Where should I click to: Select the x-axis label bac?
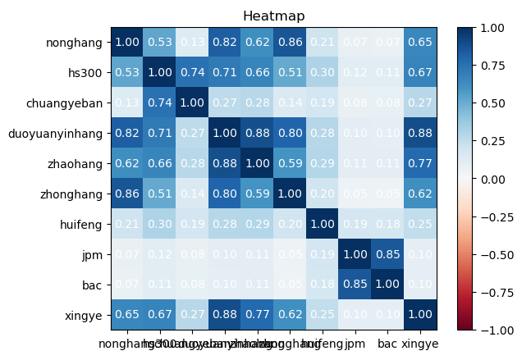[x=388, y=344]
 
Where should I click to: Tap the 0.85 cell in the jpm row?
[x=388, y=254]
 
